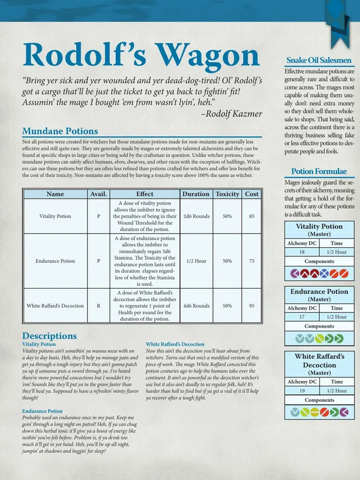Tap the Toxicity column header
[227, 194]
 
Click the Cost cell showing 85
[252, 216]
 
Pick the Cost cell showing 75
[252, 261]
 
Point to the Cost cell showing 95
[252, 305]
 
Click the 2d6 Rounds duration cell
[196, 216]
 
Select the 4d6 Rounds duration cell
[196, 305]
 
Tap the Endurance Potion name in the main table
[55, 261]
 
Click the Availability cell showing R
[98, 305]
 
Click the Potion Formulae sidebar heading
[319, 171]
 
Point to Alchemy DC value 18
[301, 253]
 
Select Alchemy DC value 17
[301, 316]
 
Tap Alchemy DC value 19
[301, 391]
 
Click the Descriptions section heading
[49, 335]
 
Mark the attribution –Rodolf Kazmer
[231, 113]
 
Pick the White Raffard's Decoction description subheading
[175, 344]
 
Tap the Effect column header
[145, 194]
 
